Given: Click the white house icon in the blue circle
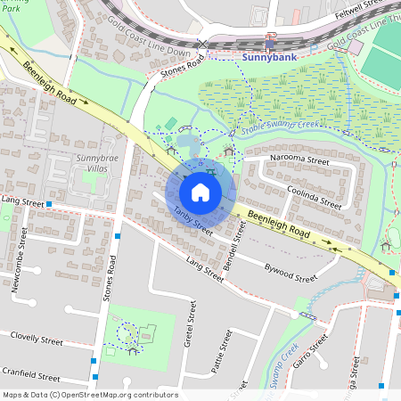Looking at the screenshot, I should click(200, 192).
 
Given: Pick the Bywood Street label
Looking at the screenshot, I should click(291, 266).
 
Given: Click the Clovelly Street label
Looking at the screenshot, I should click(37, 340).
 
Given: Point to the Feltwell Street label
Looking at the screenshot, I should click(366, 8).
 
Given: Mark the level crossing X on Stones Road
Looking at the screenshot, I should click(203, 43).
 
